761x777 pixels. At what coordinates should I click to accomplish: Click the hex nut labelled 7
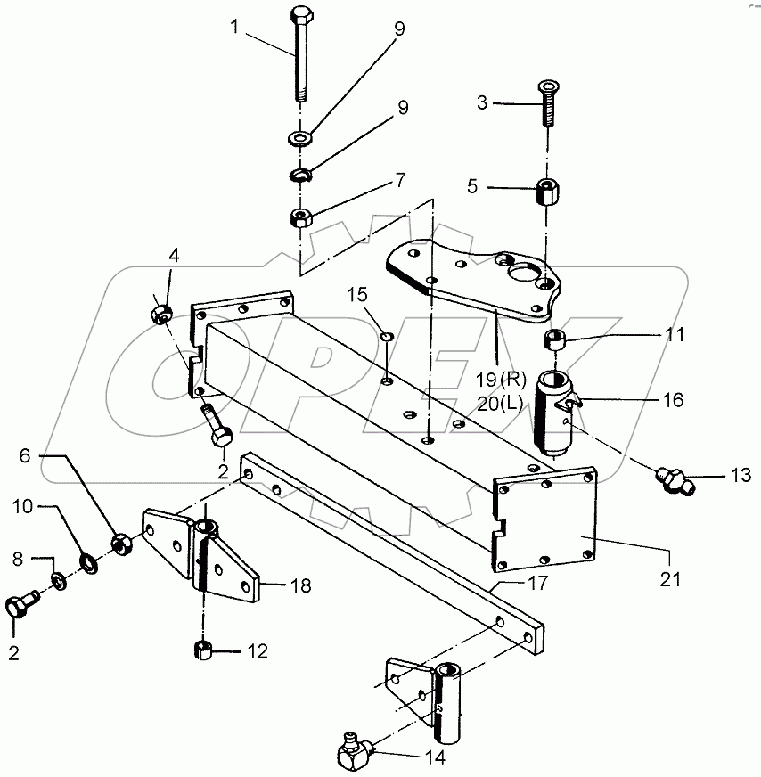(300, 217)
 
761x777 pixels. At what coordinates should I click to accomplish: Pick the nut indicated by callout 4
(160, 314)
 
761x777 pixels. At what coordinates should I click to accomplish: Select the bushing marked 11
(556, 340)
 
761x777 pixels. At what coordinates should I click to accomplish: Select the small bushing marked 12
(201, 650)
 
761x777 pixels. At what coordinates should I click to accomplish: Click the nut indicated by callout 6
(122, 540)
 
